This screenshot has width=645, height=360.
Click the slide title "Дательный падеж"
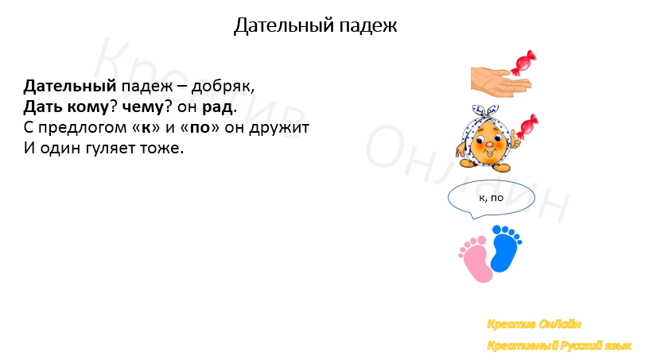tap(315, 26)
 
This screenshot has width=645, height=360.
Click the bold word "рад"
tap(219, 106)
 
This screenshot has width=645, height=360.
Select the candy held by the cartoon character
tap(526, 125)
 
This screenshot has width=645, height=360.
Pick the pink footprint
tap(475, 257)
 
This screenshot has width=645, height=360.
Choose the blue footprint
tap(504, 248)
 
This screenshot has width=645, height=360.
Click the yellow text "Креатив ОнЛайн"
tap(534, 324)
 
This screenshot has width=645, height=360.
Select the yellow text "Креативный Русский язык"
tap(559, 346)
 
